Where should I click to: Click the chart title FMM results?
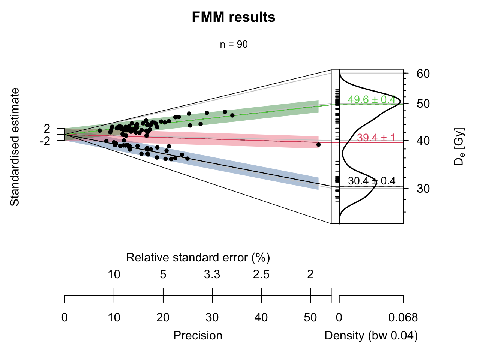tap(233, 17)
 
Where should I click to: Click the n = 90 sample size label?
tap(234, 45)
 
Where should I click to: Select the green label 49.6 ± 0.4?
tap(371, 99)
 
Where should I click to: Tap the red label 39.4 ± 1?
tap(376, 138)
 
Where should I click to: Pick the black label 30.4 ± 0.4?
tap(371, 181)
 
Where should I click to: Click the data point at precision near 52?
tap(318, 144)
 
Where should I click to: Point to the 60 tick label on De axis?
tap(423, 73)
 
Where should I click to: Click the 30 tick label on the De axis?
tap(423, 189)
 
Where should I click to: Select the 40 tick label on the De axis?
tap(423, 141)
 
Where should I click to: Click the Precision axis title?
tap(198, 335)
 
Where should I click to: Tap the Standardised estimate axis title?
tap(15, 147)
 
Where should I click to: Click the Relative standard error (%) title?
tap(198, 258)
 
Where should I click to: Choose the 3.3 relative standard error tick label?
tap(212, 274)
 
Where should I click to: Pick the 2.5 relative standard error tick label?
tap(261, 274)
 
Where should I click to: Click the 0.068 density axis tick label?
tap(403, 318)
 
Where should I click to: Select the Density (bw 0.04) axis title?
tap(371, 335)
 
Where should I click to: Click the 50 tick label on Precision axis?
tap(310, 318)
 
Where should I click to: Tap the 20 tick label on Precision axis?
tap(163, 318)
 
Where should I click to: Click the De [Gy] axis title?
tap(459, 147)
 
